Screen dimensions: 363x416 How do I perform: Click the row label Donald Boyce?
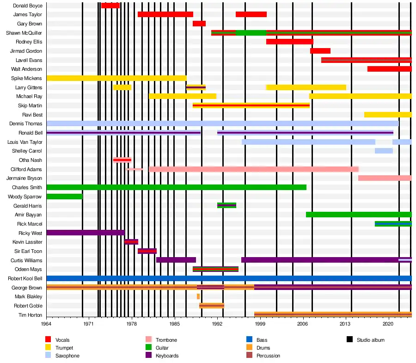click(28, 6)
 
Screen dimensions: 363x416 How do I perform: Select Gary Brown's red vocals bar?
click(199, 24)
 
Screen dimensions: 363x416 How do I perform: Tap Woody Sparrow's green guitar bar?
click(64, 197)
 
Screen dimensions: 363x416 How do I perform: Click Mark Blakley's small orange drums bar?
click(198, 296)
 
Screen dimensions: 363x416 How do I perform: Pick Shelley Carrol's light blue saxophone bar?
click(384, 151)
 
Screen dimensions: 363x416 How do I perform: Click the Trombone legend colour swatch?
click(149, 340)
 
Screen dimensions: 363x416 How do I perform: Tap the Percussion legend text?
click(268, 356)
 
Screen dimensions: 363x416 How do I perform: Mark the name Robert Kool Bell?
click(25, 278)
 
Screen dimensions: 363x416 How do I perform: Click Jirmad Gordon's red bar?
click(320, 51)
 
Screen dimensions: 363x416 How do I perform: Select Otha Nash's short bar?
click(122, 160)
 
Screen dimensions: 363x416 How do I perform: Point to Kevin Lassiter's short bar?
click(131, 242)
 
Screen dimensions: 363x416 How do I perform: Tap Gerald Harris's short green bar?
click(226, 205)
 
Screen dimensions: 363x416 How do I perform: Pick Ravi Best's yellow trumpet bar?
click(388, 115)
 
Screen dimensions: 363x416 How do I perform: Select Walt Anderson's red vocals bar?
click(390, 69)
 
